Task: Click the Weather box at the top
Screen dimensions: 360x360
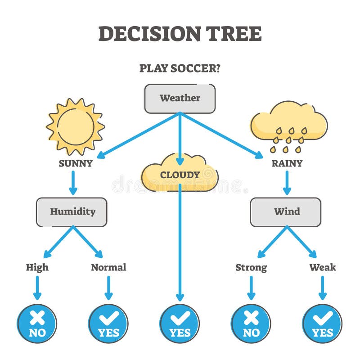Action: point(180,98)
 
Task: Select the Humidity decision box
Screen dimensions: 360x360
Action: point(72,211)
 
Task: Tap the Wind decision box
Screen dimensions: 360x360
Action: point(286,211)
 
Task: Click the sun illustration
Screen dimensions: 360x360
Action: point(76,126)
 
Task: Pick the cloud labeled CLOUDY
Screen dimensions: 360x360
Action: point(180,174)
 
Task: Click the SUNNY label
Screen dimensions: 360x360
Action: point(76,163)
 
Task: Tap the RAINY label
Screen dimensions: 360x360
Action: point(287,163)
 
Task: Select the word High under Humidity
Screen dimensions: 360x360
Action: point(37,267)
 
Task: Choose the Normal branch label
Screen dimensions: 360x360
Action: point(108,267)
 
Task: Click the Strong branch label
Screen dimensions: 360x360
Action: point(251,267)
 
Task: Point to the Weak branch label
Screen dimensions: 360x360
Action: point(322,267)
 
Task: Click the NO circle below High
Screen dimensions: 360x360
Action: point(37,324)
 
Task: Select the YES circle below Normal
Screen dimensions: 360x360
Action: point(108,324)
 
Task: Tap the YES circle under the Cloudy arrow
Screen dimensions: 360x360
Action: point(180,324)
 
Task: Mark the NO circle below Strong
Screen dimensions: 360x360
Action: point(251,324)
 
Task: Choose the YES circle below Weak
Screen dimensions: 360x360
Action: point(322,324)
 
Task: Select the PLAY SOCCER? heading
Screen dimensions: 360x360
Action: point(180,68)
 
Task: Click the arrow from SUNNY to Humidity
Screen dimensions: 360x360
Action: point(73,182)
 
